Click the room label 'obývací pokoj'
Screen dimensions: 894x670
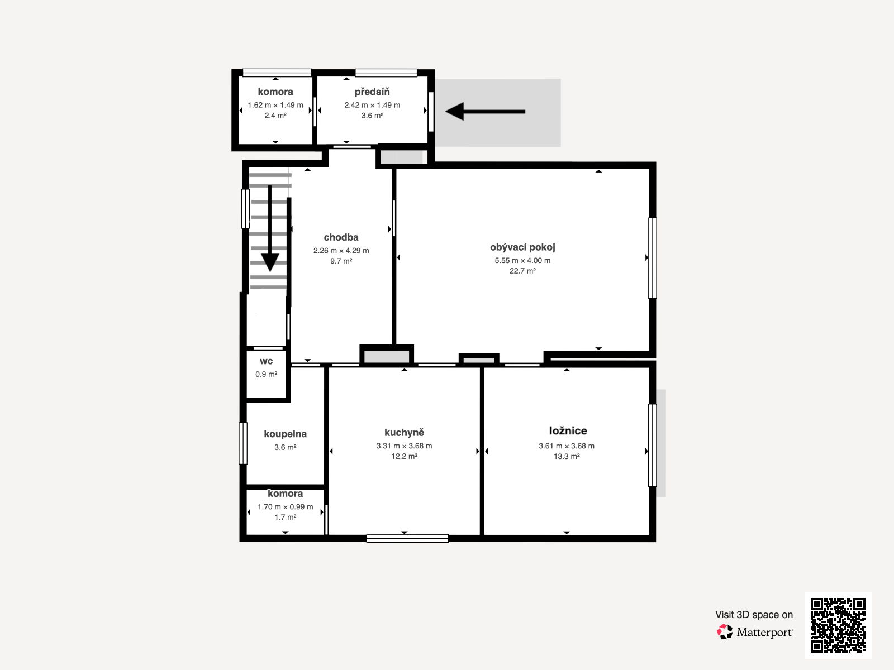pyautogui.click(x=522, y=247)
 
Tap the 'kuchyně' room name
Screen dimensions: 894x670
pyautogui.click(x=404, y=432)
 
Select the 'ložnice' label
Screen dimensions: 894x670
pyautogui.click(x=568, y=431)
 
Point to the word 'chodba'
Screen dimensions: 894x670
pyautogui.click(x=341, y=237)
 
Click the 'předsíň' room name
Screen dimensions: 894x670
pyautogui.click(x=372, y=92)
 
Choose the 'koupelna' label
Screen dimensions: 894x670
pyautogui.click(x=285, y=434)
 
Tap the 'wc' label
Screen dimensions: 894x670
pyautogui.click(x=266, y=361)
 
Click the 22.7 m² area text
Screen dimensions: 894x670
pyautogui.click(x=522, y=271)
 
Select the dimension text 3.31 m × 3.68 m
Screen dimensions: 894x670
pyautogui.click(x=404, y=446)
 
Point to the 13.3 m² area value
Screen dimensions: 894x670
pyautogui.click(x=567, y=456)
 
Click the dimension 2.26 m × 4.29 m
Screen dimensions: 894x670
pyautogui.click(x=341, y=251)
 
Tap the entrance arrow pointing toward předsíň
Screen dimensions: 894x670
pyautogui.click(x=485, y=112)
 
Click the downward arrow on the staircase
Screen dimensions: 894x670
pyautogui.click(x=270, y=228)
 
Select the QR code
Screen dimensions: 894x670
pyautogui.click(x=838, y=625)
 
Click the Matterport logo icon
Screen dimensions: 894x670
pyautogui.click(x=725, y=632)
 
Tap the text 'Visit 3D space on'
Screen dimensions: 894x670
pyautogui.click(x=754, y=615)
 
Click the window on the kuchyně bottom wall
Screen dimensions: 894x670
pyautogui.click(x=407, y=538)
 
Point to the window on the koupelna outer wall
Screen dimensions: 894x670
pyautogui.click(x=242, y=443)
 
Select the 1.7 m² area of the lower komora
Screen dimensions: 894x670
pyautogui.click(x=285, y=518)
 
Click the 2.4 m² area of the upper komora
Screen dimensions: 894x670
pyautogui.click(x=275, y=116)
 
